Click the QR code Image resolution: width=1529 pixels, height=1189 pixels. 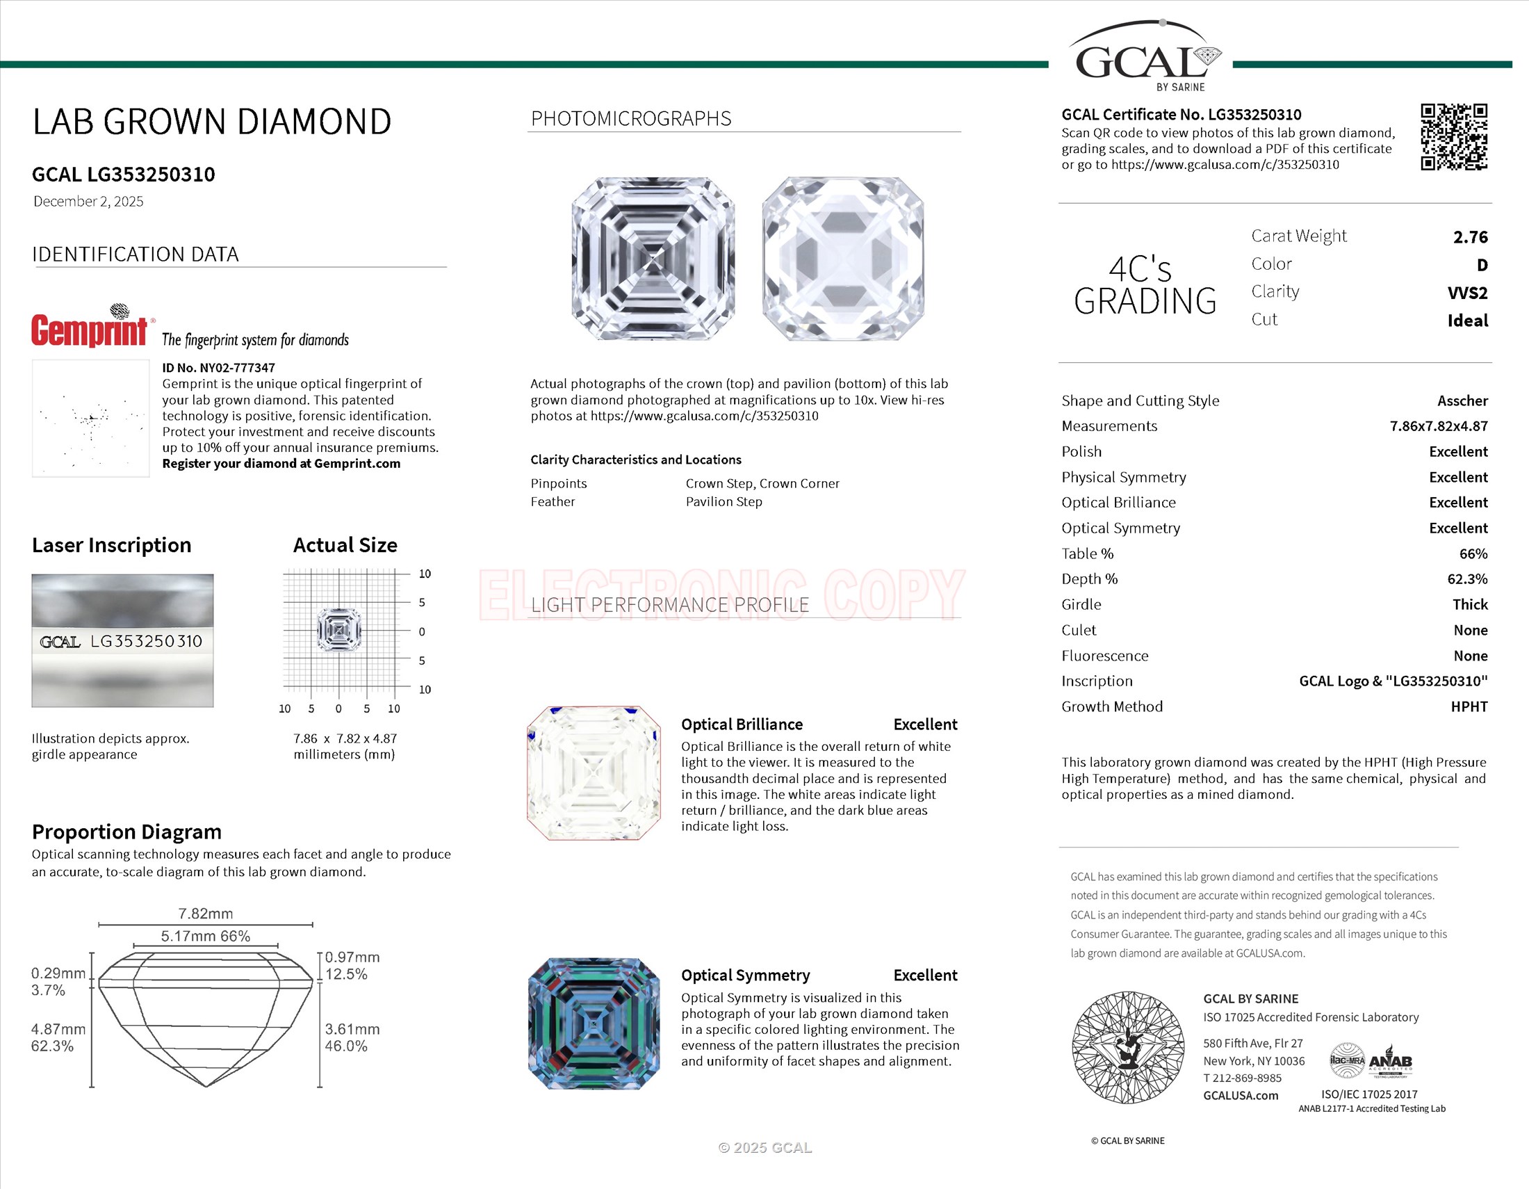coord(1453,137)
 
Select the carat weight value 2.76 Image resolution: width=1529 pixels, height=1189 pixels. coord(1470,237)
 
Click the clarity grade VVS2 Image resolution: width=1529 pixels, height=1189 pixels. coord(1466,293)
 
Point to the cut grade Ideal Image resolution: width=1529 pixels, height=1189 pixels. coord(1467,321)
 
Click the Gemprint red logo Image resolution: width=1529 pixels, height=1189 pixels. coord(90,330)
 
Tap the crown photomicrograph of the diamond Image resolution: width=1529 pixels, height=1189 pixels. coord(653,259)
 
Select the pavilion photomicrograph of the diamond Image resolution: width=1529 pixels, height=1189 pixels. coord(844,259)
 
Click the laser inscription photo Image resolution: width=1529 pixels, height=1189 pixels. coord(122,640)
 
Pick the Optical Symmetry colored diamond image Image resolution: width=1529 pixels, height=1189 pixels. coord(594,1023)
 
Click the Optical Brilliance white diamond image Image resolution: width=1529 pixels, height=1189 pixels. coord(594,773)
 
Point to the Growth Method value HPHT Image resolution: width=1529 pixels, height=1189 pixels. coord(1469,706)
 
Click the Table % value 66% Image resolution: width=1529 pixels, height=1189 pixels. coord(1473,554)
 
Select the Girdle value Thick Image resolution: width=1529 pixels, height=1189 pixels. coord(1469,604)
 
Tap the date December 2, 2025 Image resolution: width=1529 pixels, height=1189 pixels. coord(88,202)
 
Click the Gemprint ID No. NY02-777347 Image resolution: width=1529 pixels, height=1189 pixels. coord(218,368)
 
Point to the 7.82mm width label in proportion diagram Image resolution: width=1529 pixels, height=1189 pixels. coord(206,914)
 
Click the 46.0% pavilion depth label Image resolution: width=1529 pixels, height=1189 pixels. coord(346,1046)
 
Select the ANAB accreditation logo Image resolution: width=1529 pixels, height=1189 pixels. coord(1391,1062)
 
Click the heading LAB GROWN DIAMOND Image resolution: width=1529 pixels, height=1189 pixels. coord(212,122)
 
